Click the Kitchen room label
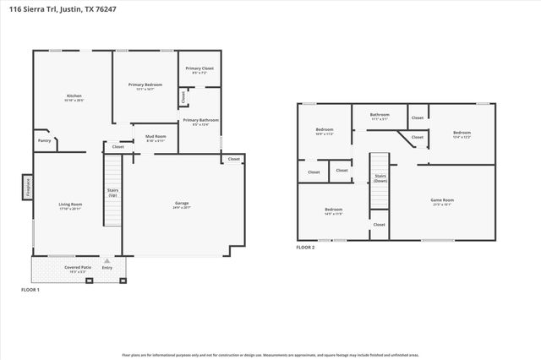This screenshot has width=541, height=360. click(74, 98)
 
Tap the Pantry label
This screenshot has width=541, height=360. click(43, 141)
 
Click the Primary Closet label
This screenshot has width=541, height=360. click(199, 69)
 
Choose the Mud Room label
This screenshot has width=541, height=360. click(155, 137)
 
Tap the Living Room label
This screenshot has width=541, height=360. click(70, 205)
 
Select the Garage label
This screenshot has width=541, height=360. click(182, 205)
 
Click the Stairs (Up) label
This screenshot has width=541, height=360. click(112, 193)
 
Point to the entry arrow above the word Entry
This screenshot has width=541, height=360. click(107, 262)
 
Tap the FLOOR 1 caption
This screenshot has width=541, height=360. click(30, 290)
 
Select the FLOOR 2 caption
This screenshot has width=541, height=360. click(305, 248)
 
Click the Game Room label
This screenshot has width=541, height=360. click(442, 202)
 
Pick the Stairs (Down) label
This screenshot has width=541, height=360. click(380, 178)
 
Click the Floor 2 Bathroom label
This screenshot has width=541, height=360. click(380, 116)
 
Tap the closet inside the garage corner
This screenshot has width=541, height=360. click(233, 159)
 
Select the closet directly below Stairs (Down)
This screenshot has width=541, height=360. click(379, 225)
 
